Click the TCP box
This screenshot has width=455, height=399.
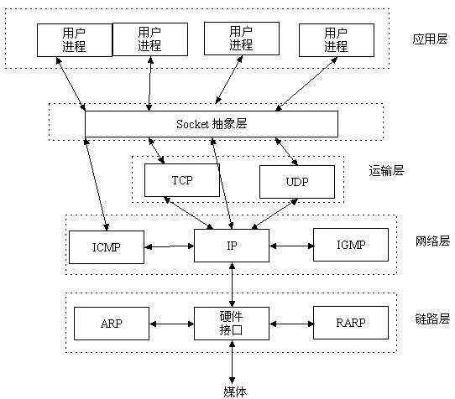[x=181, y=180]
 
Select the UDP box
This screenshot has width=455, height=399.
[x=295, y=180]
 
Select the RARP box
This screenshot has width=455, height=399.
[x=351, y=323]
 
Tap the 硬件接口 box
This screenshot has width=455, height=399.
[x=232, y=323]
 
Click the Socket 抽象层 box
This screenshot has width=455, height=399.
[x=212, y=123]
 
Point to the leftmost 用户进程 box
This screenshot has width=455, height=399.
[x=74, y=39]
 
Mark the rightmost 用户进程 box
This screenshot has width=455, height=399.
[x=335, y=39]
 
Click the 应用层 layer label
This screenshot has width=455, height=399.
[x=430, y=39]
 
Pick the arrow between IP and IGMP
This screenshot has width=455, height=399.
[x=290, y=246]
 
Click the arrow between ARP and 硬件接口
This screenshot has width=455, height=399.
[x=171, y=324]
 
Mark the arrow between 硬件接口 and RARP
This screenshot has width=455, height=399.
[x=290, y=324]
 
